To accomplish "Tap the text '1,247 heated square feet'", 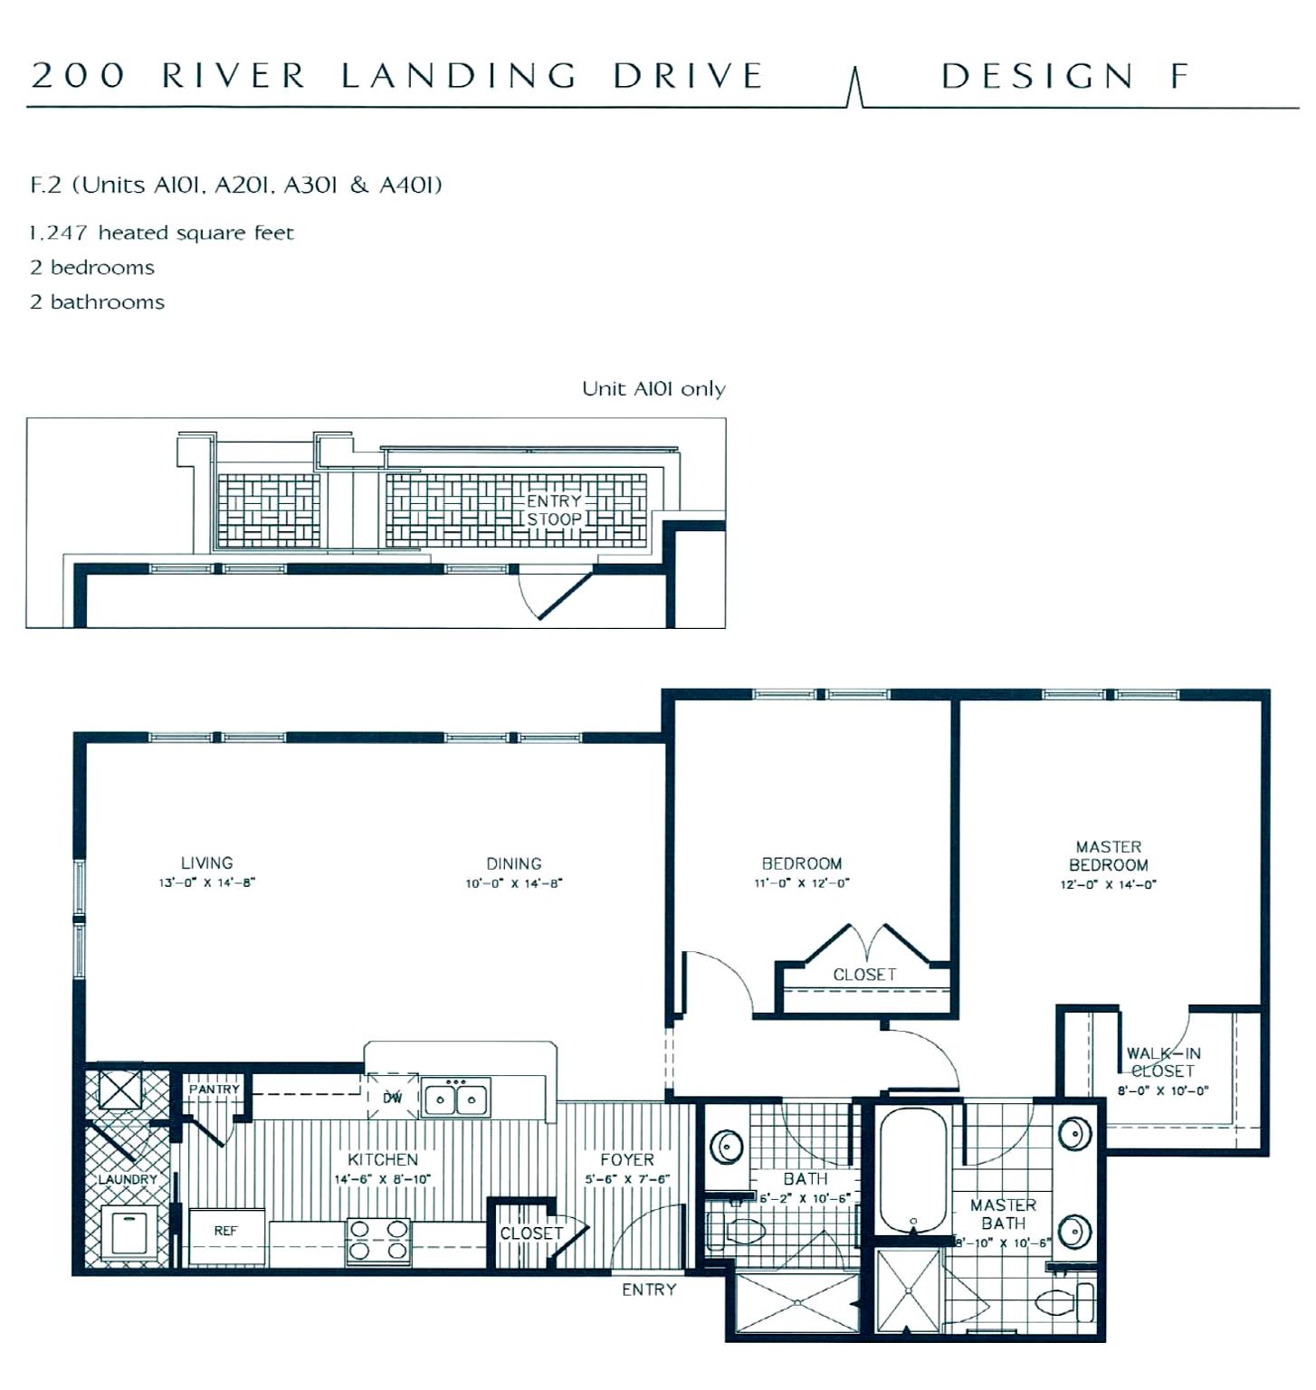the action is coord(162,233).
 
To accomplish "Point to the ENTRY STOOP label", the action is coord(555,510).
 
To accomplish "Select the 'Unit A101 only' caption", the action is coord(653,389).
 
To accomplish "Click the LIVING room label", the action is coord(207,863).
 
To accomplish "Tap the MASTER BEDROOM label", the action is coord(1109,856).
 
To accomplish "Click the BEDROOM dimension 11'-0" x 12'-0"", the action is coord(802,883).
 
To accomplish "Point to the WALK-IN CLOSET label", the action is coord(1164,1062).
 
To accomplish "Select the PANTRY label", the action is coord(215,1090).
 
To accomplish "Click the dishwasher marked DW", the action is coord(393,1097).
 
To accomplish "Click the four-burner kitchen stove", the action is coord(379,1241).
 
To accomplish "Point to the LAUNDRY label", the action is coord(128,1180).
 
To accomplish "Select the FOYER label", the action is coord(627,1160).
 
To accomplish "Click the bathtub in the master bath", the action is coord(913,1170).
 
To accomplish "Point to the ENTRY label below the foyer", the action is coord(649,1290).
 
